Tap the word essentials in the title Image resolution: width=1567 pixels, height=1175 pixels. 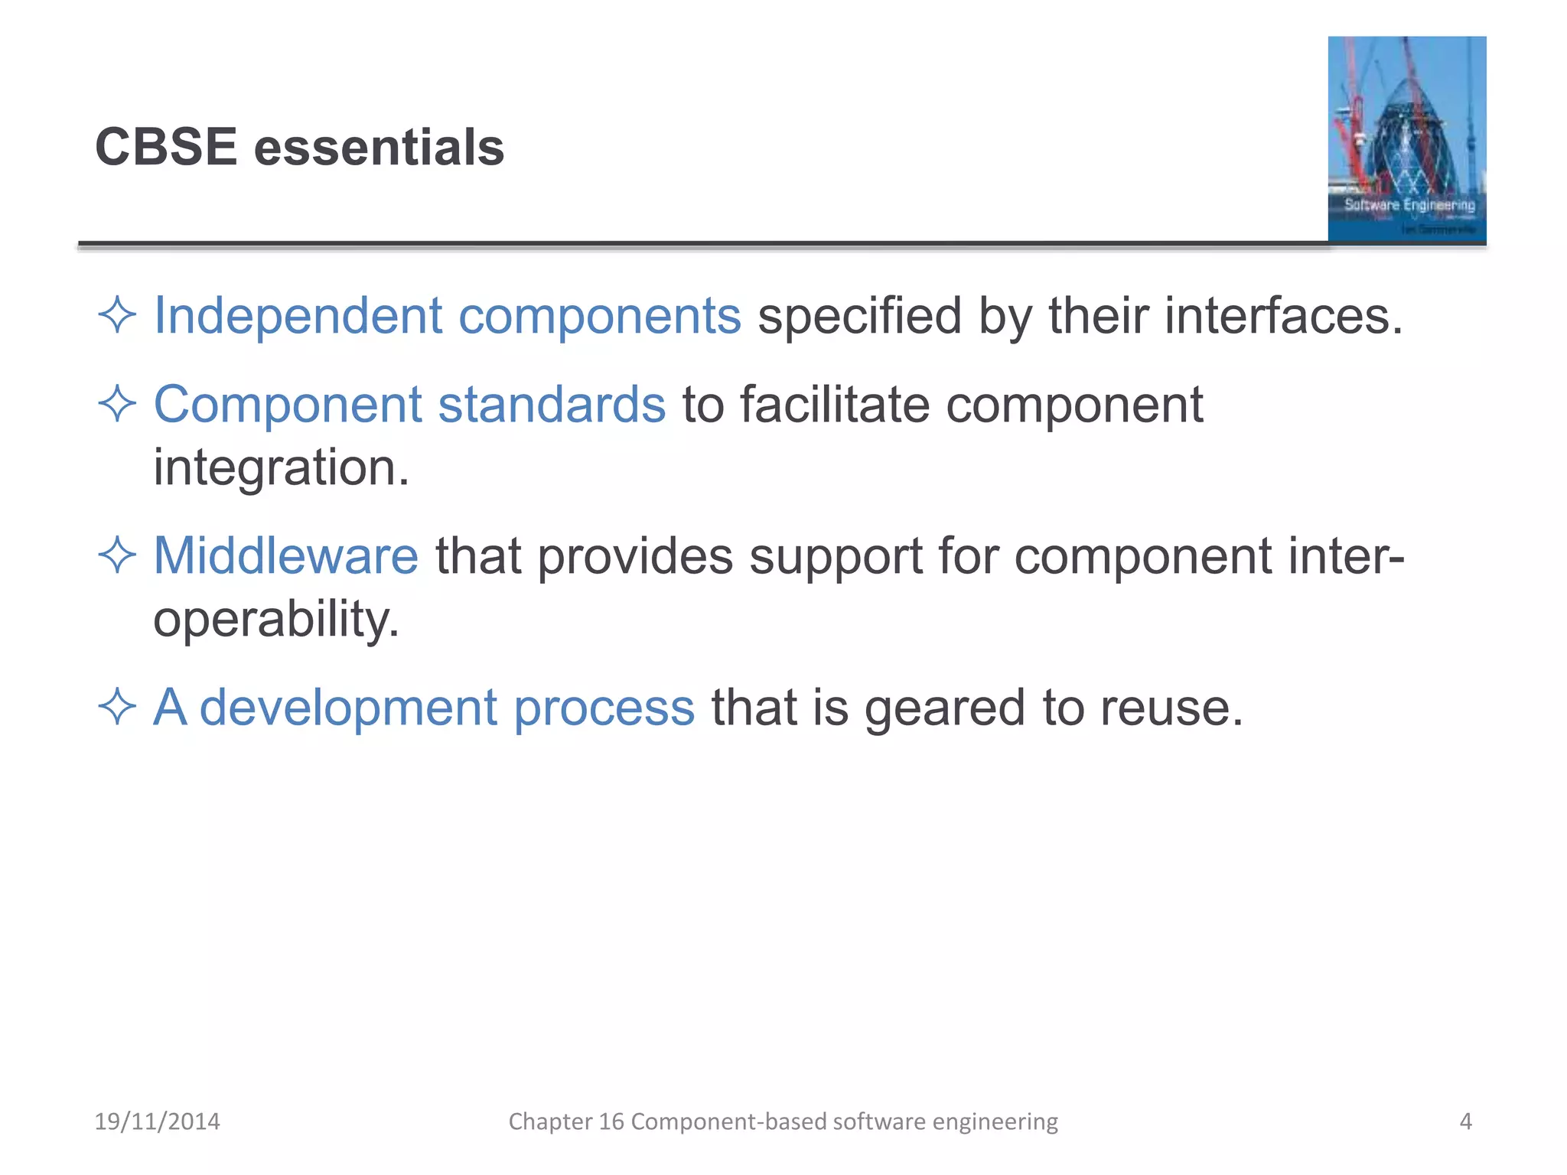click(x=379, y=147)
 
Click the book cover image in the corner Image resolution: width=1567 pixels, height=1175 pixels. click(x=1406, y=139)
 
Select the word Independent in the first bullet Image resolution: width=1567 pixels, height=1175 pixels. click(x=298, y=316)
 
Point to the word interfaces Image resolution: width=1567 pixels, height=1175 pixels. click(x=1283, y=316)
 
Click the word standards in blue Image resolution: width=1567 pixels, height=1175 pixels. click(x=551, y=405)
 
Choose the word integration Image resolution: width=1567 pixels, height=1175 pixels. click(x=281, y=468)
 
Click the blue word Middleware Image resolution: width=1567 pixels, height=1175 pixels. click(x=285, y=555)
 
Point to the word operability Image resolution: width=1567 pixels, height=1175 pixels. click(x=275, y=620)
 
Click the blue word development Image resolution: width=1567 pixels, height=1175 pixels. click(x=348, y=708)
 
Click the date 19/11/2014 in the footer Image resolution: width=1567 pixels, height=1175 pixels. click(x=157, y=1121)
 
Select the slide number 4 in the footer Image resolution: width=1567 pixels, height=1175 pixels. click(x=1465, y=1121)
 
